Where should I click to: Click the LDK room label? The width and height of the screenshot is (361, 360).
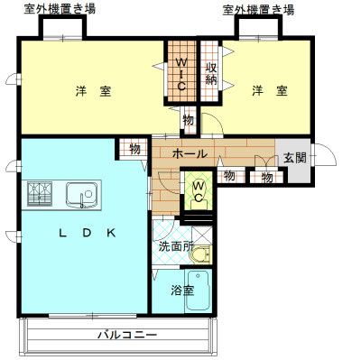pos(88,233)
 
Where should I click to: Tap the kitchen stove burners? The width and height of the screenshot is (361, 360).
pos(40,194)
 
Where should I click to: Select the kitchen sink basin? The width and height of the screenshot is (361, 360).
pos(84,194)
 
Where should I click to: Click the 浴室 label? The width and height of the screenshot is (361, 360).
pos(182,291)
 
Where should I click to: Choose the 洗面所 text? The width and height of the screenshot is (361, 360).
pos(177,245)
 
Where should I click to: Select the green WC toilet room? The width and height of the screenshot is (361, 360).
pos(198,192)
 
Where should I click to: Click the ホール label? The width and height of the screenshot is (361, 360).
pos(189,154)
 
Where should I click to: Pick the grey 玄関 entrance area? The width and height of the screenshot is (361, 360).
pos(294,158)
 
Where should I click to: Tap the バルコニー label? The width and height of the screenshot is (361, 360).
pos(127,336)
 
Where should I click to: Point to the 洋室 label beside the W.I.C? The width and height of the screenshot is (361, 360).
pos(93,91)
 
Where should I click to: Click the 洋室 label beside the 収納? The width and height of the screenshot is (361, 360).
pos(270,91)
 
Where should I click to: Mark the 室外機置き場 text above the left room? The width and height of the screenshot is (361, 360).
pos(60,9)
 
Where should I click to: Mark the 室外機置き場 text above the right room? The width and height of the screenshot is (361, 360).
pos(260,9)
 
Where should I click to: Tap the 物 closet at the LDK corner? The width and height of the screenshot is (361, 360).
pos(134,149)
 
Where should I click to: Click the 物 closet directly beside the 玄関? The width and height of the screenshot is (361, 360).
pos(267,177)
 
